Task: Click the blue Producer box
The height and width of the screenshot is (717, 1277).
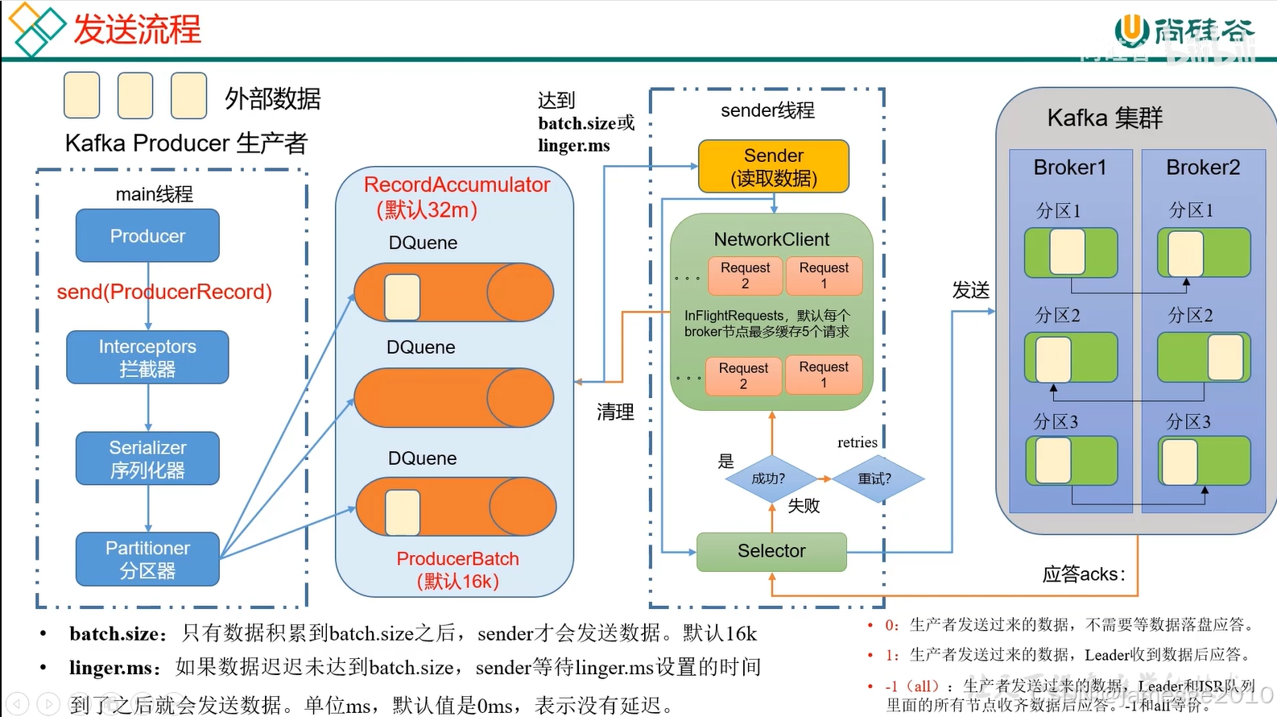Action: (147, 236)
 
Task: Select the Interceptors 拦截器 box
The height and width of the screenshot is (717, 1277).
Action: (147, 358)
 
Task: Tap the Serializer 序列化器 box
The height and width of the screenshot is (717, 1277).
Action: (147, 458)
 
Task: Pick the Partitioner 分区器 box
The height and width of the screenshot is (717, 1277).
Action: (147, 559)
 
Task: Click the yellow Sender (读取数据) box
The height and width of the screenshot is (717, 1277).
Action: (773, 167)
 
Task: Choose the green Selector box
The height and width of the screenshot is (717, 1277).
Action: (771, 551)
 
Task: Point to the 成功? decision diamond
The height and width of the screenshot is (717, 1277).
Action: (769, 479)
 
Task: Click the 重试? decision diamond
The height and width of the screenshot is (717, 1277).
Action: (875, 479)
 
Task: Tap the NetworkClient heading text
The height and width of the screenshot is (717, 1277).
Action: (771, 239)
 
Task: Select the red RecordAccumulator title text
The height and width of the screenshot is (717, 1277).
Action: (457, 185)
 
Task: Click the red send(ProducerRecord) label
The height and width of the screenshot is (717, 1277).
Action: (164, 292)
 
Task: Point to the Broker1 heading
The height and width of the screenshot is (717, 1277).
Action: (1070, 168)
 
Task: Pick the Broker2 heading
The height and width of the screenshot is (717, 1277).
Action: (1203, 168)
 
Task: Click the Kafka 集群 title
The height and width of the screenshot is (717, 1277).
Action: (1105, 118)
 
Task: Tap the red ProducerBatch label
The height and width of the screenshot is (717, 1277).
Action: (457, 559)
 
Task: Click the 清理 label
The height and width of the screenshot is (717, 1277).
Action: (615, 412)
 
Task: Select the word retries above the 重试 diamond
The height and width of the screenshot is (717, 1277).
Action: (858, 442)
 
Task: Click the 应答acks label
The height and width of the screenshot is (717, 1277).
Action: (1083, 574)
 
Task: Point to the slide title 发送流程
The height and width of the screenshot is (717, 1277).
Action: (137, 30)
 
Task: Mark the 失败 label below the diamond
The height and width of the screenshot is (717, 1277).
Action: (804, 506)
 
